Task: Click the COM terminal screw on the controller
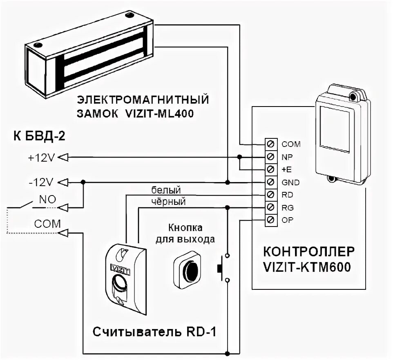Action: [x=270, y=144]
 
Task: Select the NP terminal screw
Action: [x=270, y=157]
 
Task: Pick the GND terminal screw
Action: [x=270, y=182]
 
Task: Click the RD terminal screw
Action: [x=270, y=195]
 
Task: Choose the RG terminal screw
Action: [x=270, y=207]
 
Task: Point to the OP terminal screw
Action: [x=270, y=220]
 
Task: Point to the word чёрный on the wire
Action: [x=168, y=201]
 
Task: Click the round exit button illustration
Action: [x=190, y=268]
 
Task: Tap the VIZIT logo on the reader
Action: [x=119, y=267]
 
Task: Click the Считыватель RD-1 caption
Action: [x=154, y=332]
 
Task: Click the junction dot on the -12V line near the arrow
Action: [x=83, y=182]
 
